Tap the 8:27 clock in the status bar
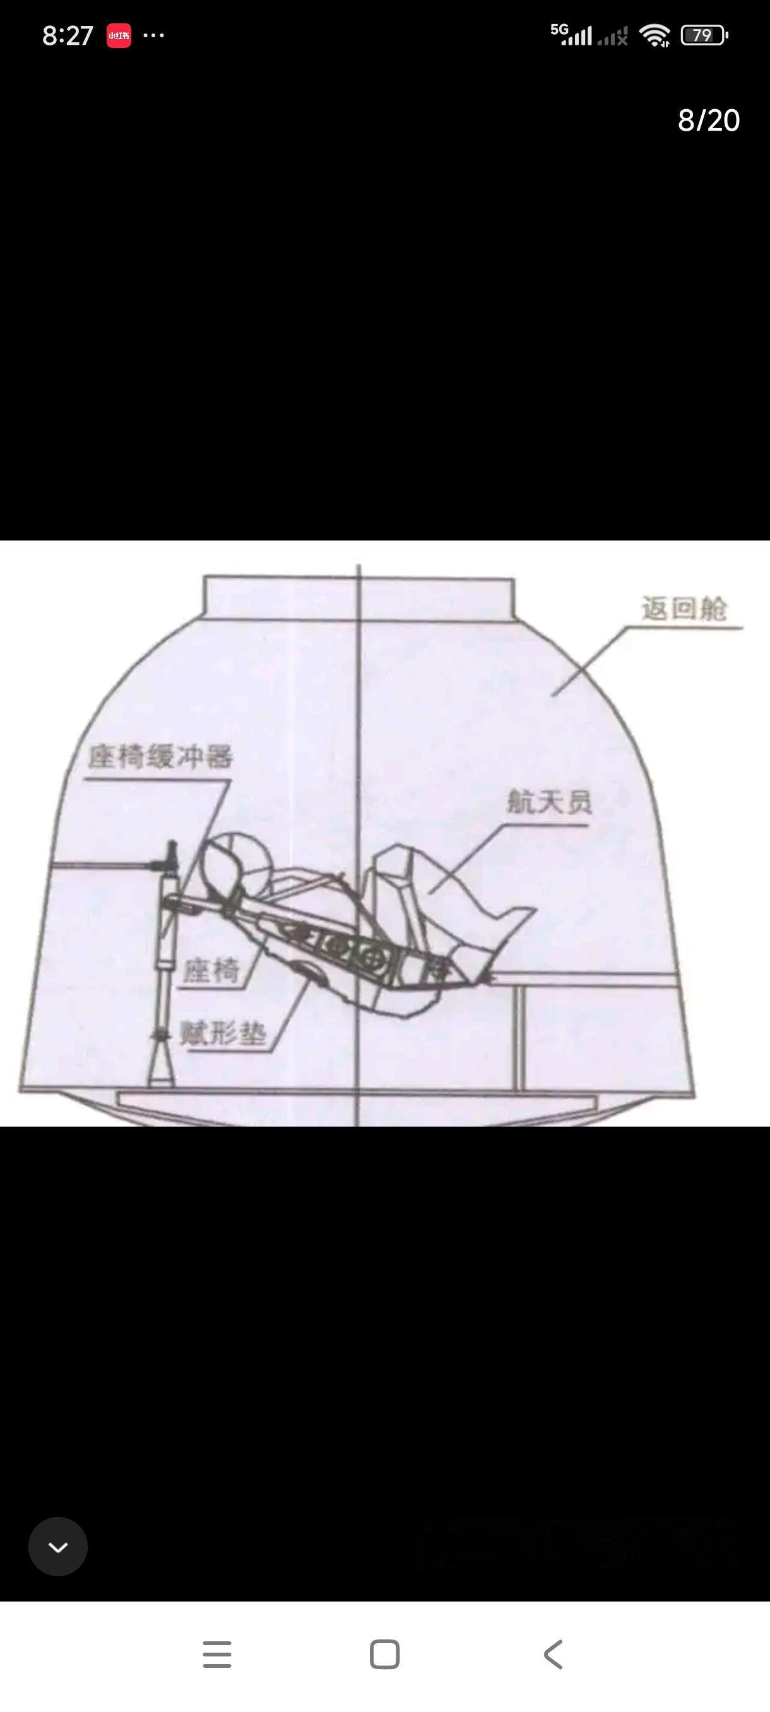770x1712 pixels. [67, 36]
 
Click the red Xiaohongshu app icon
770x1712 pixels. [119, 36]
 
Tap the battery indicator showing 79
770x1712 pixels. [704, 35]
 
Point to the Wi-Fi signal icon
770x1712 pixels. [654, 35]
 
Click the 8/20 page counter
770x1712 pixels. [708, 121]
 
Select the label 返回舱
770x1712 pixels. [684, 609]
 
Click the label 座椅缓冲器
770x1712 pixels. [160, 757]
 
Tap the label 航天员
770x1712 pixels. [548, 802]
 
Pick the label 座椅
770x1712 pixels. [211, 971]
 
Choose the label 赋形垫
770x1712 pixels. [223, 1034]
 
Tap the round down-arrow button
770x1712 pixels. [58, 1547]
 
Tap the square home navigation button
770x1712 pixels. [384, 1654]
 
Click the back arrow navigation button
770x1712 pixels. [553, 1654]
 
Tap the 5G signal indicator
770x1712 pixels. [570, 35]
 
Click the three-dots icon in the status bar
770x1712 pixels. [153, 35]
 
